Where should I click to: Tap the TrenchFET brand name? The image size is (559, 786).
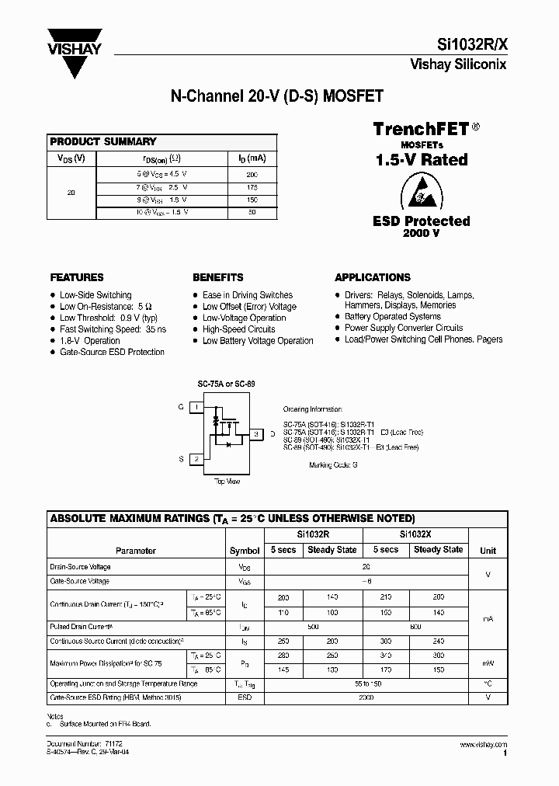point(421,129)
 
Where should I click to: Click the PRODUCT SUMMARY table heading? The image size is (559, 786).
point(103,141)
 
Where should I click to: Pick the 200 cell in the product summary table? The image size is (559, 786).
point(252,175)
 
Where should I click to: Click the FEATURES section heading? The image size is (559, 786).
point(77,277)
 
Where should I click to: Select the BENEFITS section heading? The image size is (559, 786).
point(218,277)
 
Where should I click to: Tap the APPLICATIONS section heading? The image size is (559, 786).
point(373,277)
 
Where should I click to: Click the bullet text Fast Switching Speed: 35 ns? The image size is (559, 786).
point(113,329)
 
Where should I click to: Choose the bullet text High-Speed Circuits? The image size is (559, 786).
point(238,329)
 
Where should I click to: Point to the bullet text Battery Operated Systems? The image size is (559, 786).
point(393,317)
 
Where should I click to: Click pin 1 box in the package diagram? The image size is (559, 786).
point(197,407)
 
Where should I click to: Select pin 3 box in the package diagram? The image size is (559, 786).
point(257,433)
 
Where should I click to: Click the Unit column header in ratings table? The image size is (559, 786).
point(488,551)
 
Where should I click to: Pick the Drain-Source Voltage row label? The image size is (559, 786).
point(81,567)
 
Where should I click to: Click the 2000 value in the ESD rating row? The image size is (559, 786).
point(366,697)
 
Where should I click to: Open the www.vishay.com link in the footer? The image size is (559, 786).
point(485,745)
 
